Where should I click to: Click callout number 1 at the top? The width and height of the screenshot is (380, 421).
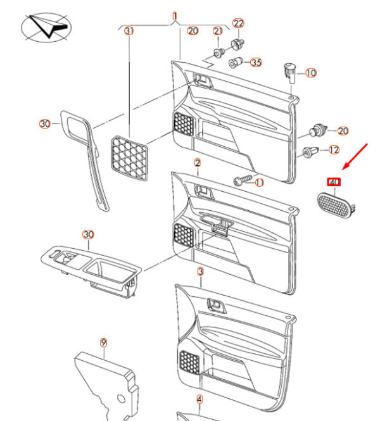175,16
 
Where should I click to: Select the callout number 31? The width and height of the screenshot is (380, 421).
129,31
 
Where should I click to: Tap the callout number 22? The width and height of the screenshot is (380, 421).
238,23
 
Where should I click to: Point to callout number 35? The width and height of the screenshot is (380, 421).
256,62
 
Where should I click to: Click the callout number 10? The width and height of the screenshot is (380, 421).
311,73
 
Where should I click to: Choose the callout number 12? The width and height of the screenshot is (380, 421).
334,149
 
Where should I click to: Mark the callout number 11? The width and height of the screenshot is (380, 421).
259,182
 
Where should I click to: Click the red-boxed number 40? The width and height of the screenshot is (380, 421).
334,182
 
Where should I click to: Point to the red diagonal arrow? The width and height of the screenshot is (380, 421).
355,157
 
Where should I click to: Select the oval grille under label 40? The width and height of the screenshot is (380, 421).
336,205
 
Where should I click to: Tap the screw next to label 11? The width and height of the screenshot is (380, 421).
243,180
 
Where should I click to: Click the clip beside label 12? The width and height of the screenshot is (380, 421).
311,152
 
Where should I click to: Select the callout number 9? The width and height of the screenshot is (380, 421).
103,342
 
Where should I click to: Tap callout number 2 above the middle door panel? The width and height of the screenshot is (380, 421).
198,163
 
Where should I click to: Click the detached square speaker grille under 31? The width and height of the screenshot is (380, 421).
129,158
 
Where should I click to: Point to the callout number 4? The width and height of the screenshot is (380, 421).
199,399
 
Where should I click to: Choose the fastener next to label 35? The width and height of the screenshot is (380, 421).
236,63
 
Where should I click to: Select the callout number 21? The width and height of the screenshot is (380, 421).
218,31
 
